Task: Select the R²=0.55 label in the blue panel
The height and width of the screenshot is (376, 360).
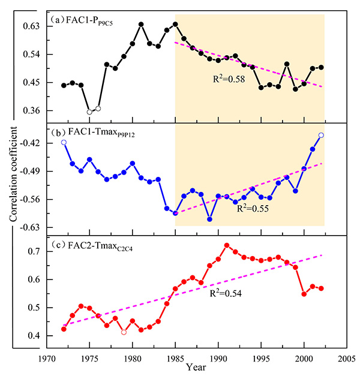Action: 251,209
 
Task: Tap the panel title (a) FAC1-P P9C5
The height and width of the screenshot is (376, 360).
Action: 83,19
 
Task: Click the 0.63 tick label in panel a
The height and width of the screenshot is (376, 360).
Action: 31,26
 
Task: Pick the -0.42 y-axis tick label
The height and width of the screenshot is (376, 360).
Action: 29,143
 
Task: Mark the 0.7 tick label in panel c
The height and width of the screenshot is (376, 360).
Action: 34,251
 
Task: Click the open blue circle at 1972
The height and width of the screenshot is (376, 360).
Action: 64,142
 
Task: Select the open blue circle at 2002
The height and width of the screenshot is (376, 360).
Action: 321,136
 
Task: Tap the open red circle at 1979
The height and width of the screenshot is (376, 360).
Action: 124,332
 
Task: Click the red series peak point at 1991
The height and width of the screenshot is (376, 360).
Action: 227,245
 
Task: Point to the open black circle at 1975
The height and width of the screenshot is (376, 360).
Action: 89,112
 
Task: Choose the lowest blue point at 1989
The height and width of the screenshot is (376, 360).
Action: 209,219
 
